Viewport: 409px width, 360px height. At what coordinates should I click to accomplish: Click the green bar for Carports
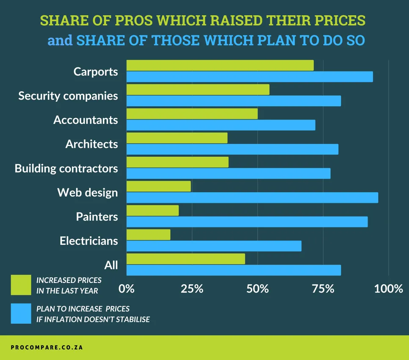(x=220, y=65)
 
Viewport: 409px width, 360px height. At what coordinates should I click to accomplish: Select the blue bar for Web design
(x=252, y=198)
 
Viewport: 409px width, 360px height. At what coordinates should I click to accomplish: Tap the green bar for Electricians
(x=148, y=235)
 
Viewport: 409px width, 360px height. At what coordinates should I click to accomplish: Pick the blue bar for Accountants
(x=221, y=125)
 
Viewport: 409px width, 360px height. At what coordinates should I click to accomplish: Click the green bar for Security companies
(x=198, y=89)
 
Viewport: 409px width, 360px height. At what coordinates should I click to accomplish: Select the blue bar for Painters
(x=247, y=222)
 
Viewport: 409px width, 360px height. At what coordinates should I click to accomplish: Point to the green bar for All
(x=185, y=259)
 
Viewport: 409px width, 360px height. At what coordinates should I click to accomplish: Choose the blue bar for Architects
(x=232, y=149)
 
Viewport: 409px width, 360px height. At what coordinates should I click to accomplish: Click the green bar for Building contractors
(x=177, y=162)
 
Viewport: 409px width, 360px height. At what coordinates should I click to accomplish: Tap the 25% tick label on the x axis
(x=192, y=289)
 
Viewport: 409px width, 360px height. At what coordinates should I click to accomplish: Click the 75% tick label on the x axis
(x=323, y=289)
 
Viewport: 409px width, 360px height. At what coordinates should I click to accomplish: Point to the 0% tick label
(x=127, y=289)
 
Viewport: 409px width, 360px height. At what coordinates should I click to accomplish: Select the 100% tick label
(x=389, y=289)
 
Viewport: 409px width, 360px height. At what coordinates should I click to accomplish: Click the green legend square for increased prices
(x=21, y=285)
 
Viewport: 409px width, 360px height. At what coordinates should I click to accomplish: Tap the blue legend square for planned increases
(x=21, y=313)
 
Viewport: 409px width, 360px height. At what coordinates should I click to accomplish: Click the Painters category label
(x=97, y=217)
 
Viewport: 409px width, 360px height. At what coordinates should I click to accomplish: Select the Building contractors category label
(x=66, y=169)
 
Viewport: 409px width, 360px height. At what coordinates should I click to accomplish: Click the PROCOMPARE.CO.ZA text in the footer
(x=47, y=347)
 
